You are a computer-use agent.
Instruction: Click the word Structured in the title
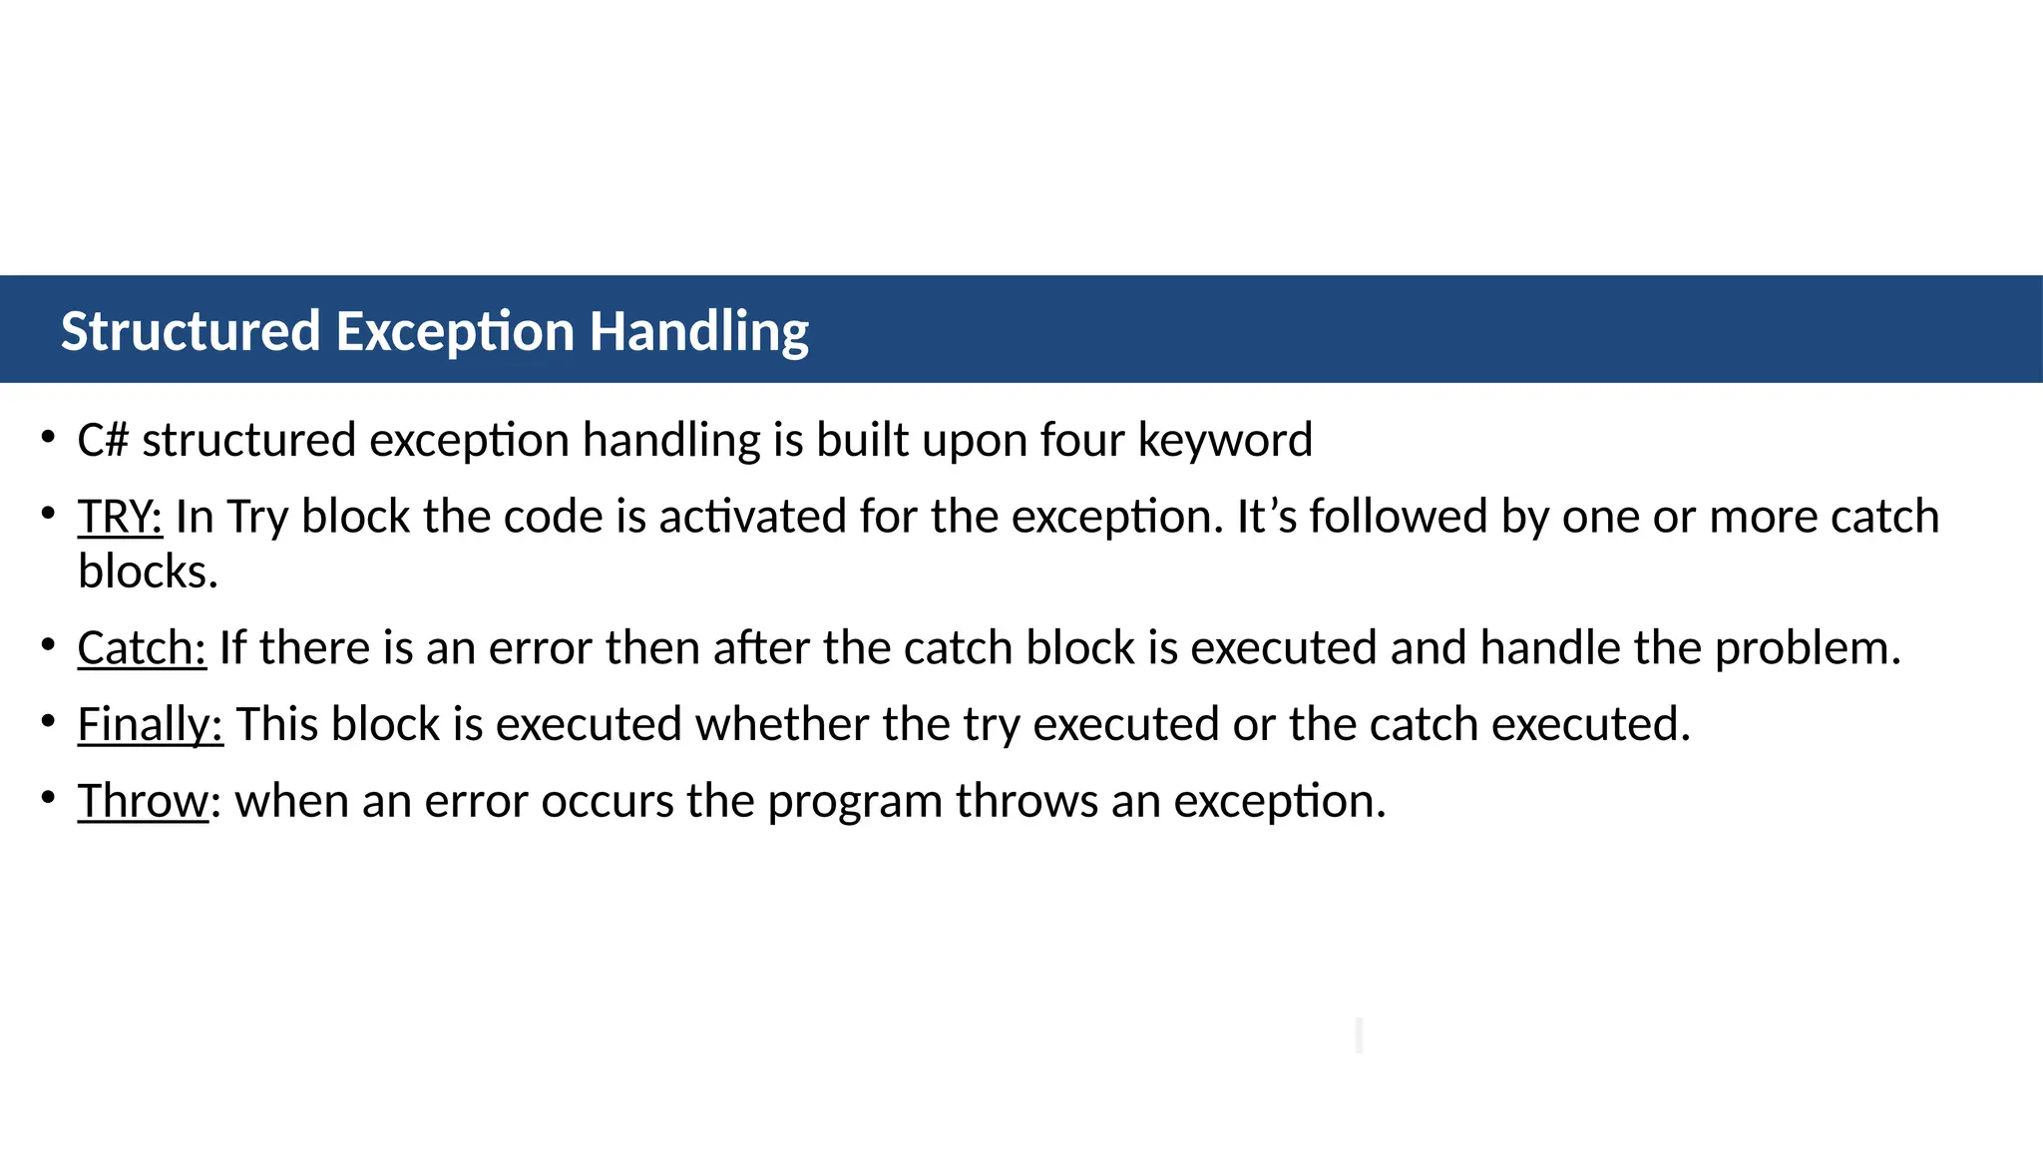click(x=191, y=331)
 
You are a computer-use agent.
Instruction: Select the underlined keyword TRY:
click(x=120, y=517)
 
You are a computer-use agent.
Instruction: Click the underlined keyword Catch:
click(x=142, y=648)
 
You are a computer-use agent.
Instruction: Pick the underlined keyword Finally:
click(x=151, y=725)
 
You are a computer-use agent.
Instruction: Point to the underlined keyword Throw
click(x=144, y=801)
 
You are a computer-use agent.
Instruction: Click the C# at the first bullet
click(x=103, y=440)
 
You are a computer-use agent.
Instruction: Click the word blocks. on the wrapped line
click(x=148, y=573)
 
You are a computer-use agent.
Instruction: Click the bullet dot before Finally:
click(x=48, y=719)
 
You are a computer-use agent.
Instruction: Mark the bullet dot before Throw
click(x=48, y=796)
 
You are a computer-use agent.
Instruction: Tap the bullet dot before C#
click(x=48, y=435)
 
